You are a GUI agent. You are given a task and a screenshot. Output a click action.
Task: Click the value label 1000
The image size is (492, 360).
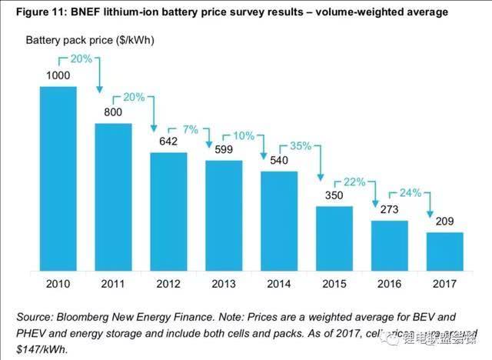[58, 78]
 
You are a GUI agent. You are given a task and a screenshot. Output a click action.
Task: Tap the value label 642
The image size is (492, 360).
[168, 142]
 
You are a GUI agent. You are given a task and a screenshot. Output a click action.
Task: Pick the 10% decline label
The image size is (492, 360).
[245, 136]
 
